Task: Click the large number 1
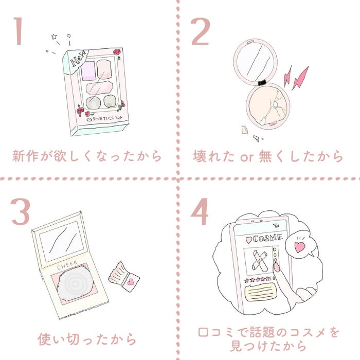tap(19, 31)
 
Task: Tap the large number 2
tap(200, 31)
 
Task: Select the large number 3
tap(20, 211)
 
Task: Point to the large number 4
tap(200, 211)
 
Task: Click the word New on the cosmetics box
tap(78, 59)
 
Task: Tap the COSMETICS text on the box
tap(100, 119)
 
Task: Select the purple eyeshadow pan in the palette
tap(88, 71)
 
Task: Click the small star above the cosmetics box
tap(54, 37)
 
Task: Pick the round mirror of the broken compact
tap(255, 60)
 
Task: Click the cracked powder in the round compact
tap(268, 106)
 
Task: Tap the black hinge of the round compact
tap(262, 82)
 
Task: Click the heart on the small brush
tap(131, 282)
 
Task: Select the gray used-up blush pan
tap(75, 284)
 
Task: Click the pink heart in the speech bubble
tap(299, 246)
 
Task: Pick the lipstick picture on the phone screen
tap(259, 260)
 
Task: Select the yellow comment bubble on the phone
tap(261, 292)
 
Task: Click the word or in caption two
tap(247, 157)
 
